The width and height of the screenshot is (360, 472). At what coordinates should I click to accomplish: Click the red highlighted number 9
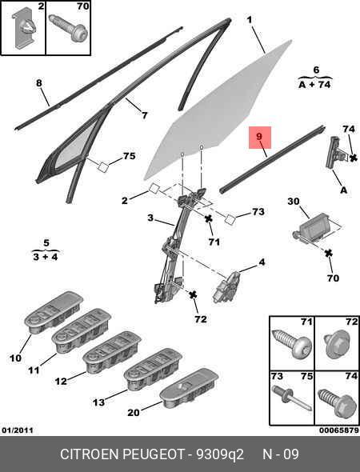tap(259, 136)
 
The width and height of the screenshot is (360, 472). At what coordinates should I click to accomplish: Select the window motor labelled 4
tap(226, 286)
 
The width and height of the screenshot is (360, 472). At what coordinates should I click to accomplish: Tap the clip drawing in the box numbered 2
tap(24, 30)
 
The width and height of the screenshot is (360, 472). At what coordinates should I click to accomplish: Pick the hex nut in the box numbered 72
tap(336, 345)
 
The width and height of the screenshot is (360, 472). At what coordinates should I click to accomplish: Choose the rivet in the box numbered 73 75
tap(291, 398)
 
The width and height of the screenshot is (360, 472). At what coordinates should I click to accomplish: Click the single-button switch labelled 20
tap(189, 388)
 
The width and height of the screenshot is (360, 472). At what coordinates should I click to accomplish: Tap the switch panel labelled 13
tap(153, 370)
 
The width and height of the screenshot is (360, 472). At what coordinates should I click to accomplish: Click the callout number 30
tap(294, 201)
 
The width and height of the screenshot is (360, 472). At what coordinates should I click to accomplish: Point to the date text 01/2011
tap(18, 430)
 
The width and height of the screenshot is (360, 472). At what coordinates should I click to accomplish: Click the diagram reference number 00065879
tap(339, 430)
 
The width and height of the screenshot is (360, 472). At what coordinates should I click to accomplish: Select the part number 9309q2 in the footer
tap(220, 454)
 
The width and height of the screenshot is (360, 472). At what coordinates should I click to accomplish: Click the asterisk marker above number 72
tap(193, 295)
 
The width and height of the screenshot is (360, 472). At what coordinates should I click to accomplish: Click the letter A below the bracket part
tap(343, 190)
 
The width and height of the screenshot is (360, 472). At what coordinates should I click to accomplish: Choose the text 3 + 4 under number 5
tap(46, 257)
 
